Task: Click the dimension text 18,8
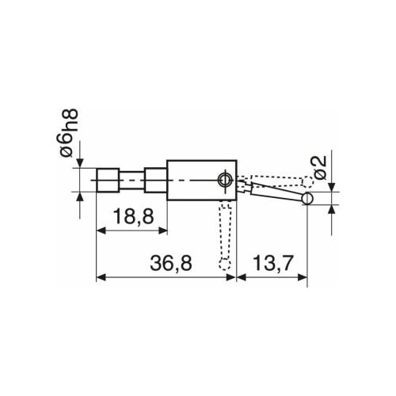[131, 218]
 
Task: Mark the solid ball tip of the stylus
[307, 198]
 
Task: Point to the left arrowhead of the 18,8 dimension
[100, 231]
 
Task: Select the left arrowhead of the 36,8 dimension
[100, 278]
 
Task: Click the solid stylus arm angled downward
[269, 190]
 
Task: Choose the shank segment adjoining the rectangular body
[155, 181]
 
